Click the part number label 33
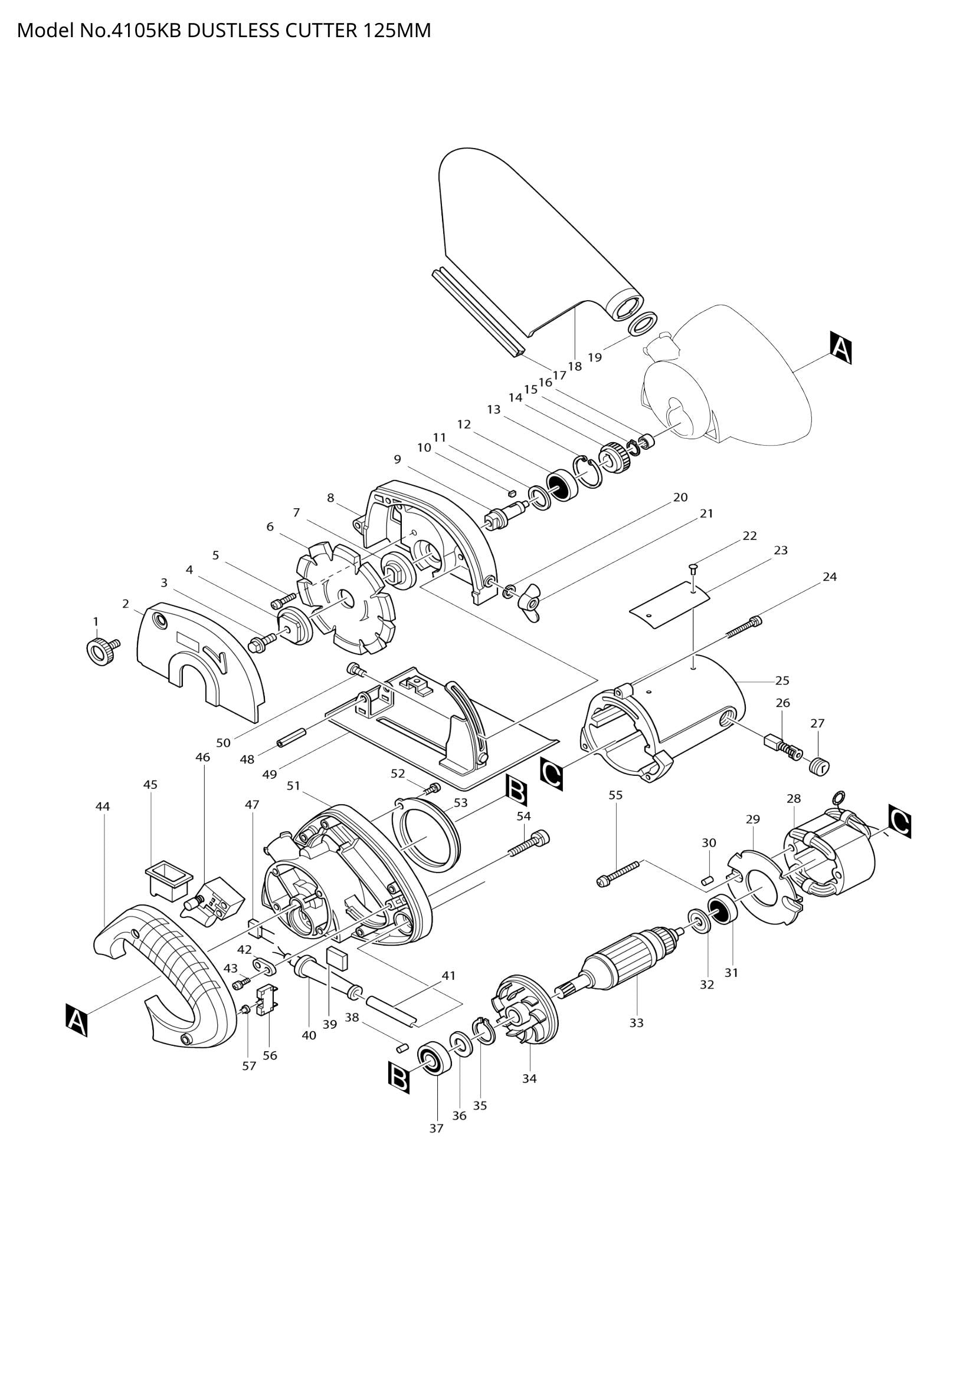(636, 1022)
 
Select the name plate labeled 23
(670, 606)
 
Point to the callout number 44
(103, 807)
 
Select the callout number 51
(293, 785)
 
